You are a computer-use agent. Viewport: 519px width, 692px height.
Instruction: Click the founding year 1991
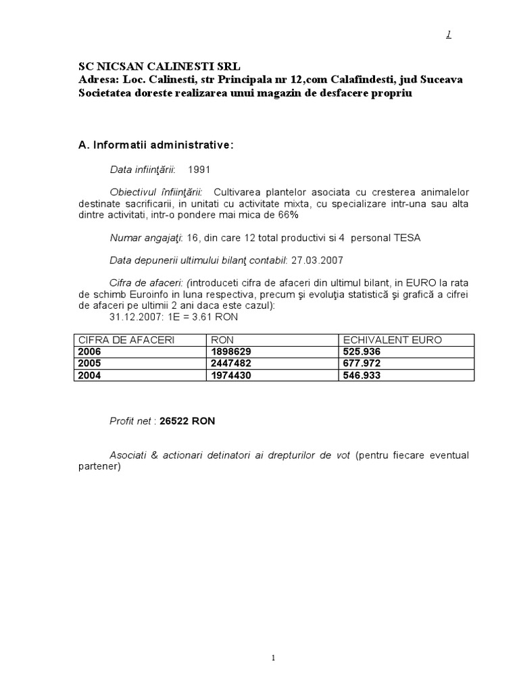point(199,169)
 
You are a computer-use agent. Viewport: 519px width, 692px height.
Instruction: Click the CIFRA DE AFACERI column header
point(126,340)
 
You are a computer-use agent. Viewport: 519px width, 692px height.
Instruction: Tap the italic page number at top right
point(448,35)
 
